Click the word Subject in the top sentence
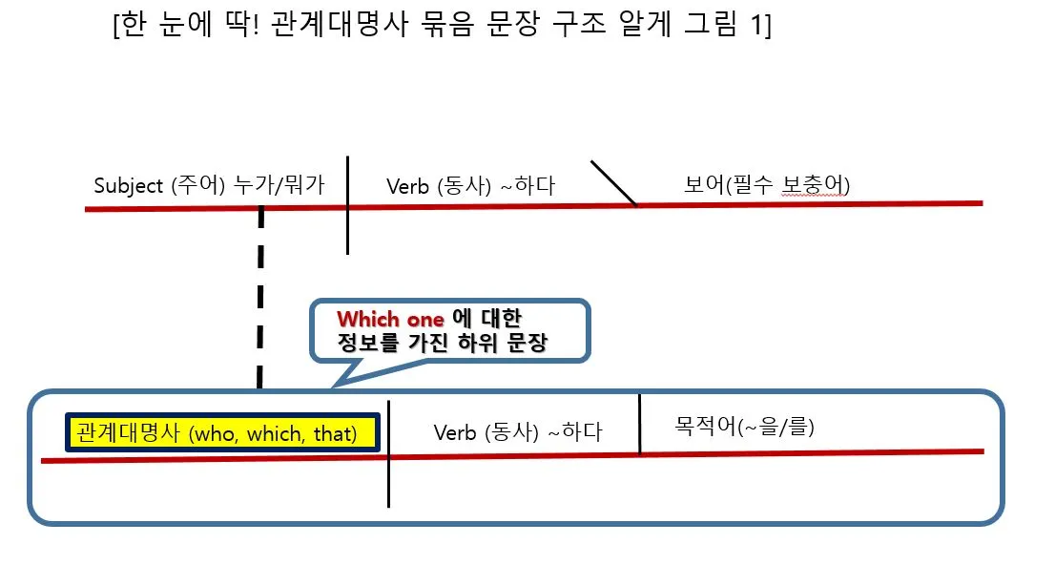tap(127, 185)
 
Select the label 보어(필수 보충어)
tap(767, 184)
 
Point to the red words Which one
tap(391, 319)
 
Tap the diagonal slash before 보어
tap(613, 182)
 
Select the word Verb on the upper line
tap(408, 186)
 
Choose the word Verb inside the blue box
tap(455, 432)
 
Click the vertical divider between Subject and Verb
tap(347, 205)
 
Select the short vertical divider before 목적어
tap(639, 425)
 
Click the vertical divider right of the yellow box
tap(389, 453)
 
